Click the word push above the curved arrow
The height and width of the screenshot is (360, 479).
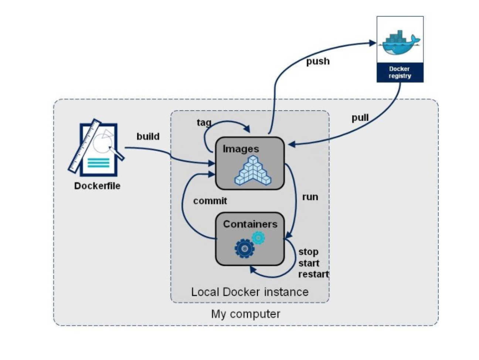tap(318, 61)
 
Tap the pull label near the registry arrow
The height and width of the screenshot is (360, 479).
tap(360, 118)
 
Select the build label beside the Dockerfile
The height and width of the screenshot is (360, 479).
tap(148, 136)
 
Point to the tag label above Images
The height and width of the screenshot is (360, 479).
tap(204, 122)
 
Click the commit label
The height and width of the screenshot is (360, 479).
tap(210, 201)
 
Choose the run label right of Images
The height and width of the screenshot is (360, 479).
tap(310, 197)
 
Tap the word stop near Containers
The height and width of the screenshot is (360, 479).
tap(308, 252)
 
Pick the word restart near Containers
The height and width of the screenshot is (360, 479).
tap(313, 274)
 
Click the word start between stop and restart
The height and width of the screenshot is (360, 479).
tap(309, 263)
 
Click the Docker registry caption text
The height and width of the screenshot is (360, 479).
tap(400, 72)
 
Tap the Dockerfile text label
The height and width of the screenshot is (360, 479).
tap(97, 186)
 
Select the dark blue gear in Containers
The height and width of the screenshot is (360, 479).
tap(244, 248)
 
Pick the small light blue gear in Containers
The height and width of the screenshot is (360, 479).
tap(258, 237)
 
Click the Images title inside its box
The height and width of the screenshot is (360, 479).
tap(241, 149)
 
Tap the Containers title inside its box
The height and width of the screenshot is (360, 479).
tap(250, 224)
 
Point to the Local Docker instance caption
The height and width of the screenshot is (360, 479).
tap(249, 292)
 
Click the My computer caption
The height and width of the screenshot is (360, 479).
tap(245, 314)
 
